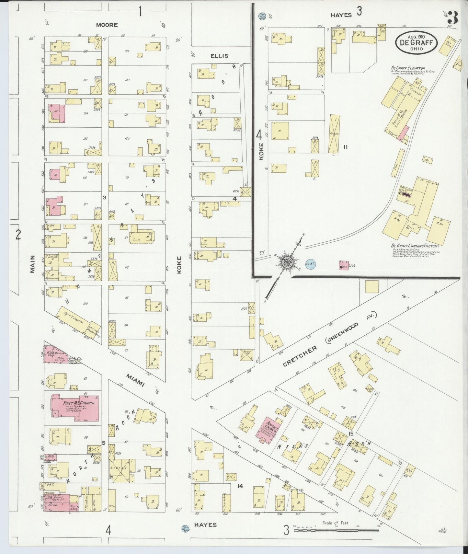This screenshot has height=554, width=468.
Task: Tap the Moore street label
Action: (x=107, y=25)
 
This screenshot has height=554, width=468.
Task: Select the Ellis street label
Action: (x=219, y=56)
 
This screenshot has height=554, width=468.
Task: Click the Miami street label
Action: (x=135, y=380)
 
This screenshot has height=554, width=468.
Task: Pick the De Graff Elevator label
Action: (x=403, y=68)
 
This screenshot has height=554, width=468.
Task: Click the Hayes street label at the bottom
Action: (x=206, y=525)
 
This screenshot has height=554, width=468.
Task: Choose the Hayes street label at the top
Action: (x=341, y=15)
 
